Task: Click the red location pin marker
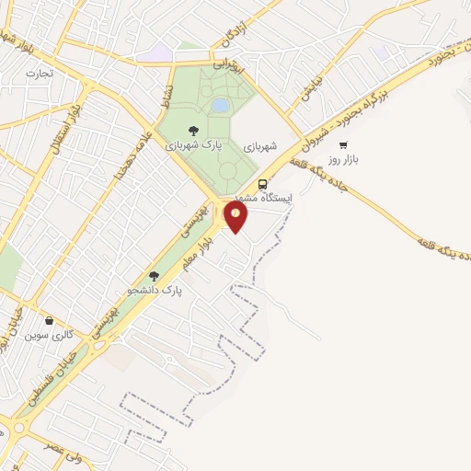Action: pyautogui.click(x=236, y=216)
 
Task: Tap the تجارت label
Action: pyautogui.click(x=40, y=73)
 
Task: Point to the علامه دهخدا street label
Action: pyautogui.click(x=128, y=157)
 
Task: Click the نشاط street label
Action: pyautogui.click(x=167, y=93)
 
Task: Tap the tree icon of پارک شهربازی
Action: pyautogui.click(x=193, y=131)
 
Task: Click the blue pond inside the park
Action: pyautogui.click(x=221, y=106)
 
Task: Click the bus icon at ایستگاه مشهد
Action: pyautogui.click(x=263, y=184)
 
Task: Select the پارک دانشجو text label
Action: pyautogui.click(x=158, y=290)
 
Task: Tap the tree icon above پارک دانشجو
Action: pyautogui.click(x=155, y=275)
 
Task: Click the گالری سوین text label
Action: pyautogui.click(x=52, y=336)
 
